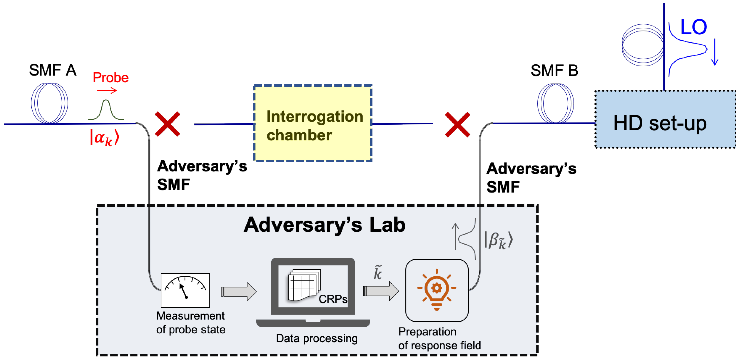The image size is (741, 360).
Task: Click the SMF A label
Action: click(53, 70)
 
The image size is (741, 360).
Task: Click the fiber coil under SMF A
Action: click(49, 103)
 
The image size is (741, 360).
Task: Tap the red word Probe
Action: click(110, 78)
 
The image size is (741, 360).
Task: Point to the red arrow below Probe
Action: click(107, 91)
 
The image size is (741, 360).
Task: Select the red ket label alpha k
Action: click(104, 137)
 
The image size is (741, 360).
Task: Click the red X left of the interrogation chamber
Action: click(168, 124)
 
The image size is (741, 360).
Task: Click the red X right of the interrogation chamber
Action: click(457, 125)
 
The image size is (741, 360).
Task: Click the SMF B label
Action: click(554, 71)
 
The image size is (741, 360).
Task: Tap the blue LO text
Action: click(694, 27)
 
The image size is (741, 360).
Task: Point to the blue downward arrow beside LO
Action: click(715, 52)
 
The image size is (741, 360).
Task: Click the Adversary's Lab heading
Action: click(324, 225)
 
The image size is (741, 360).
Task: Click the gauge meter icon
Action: click(185, 290)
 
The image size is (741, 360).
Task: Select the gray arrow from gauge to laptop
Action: click(238, 292)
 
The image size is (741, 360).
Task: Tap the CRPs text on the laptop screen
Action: click(333, 299)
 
